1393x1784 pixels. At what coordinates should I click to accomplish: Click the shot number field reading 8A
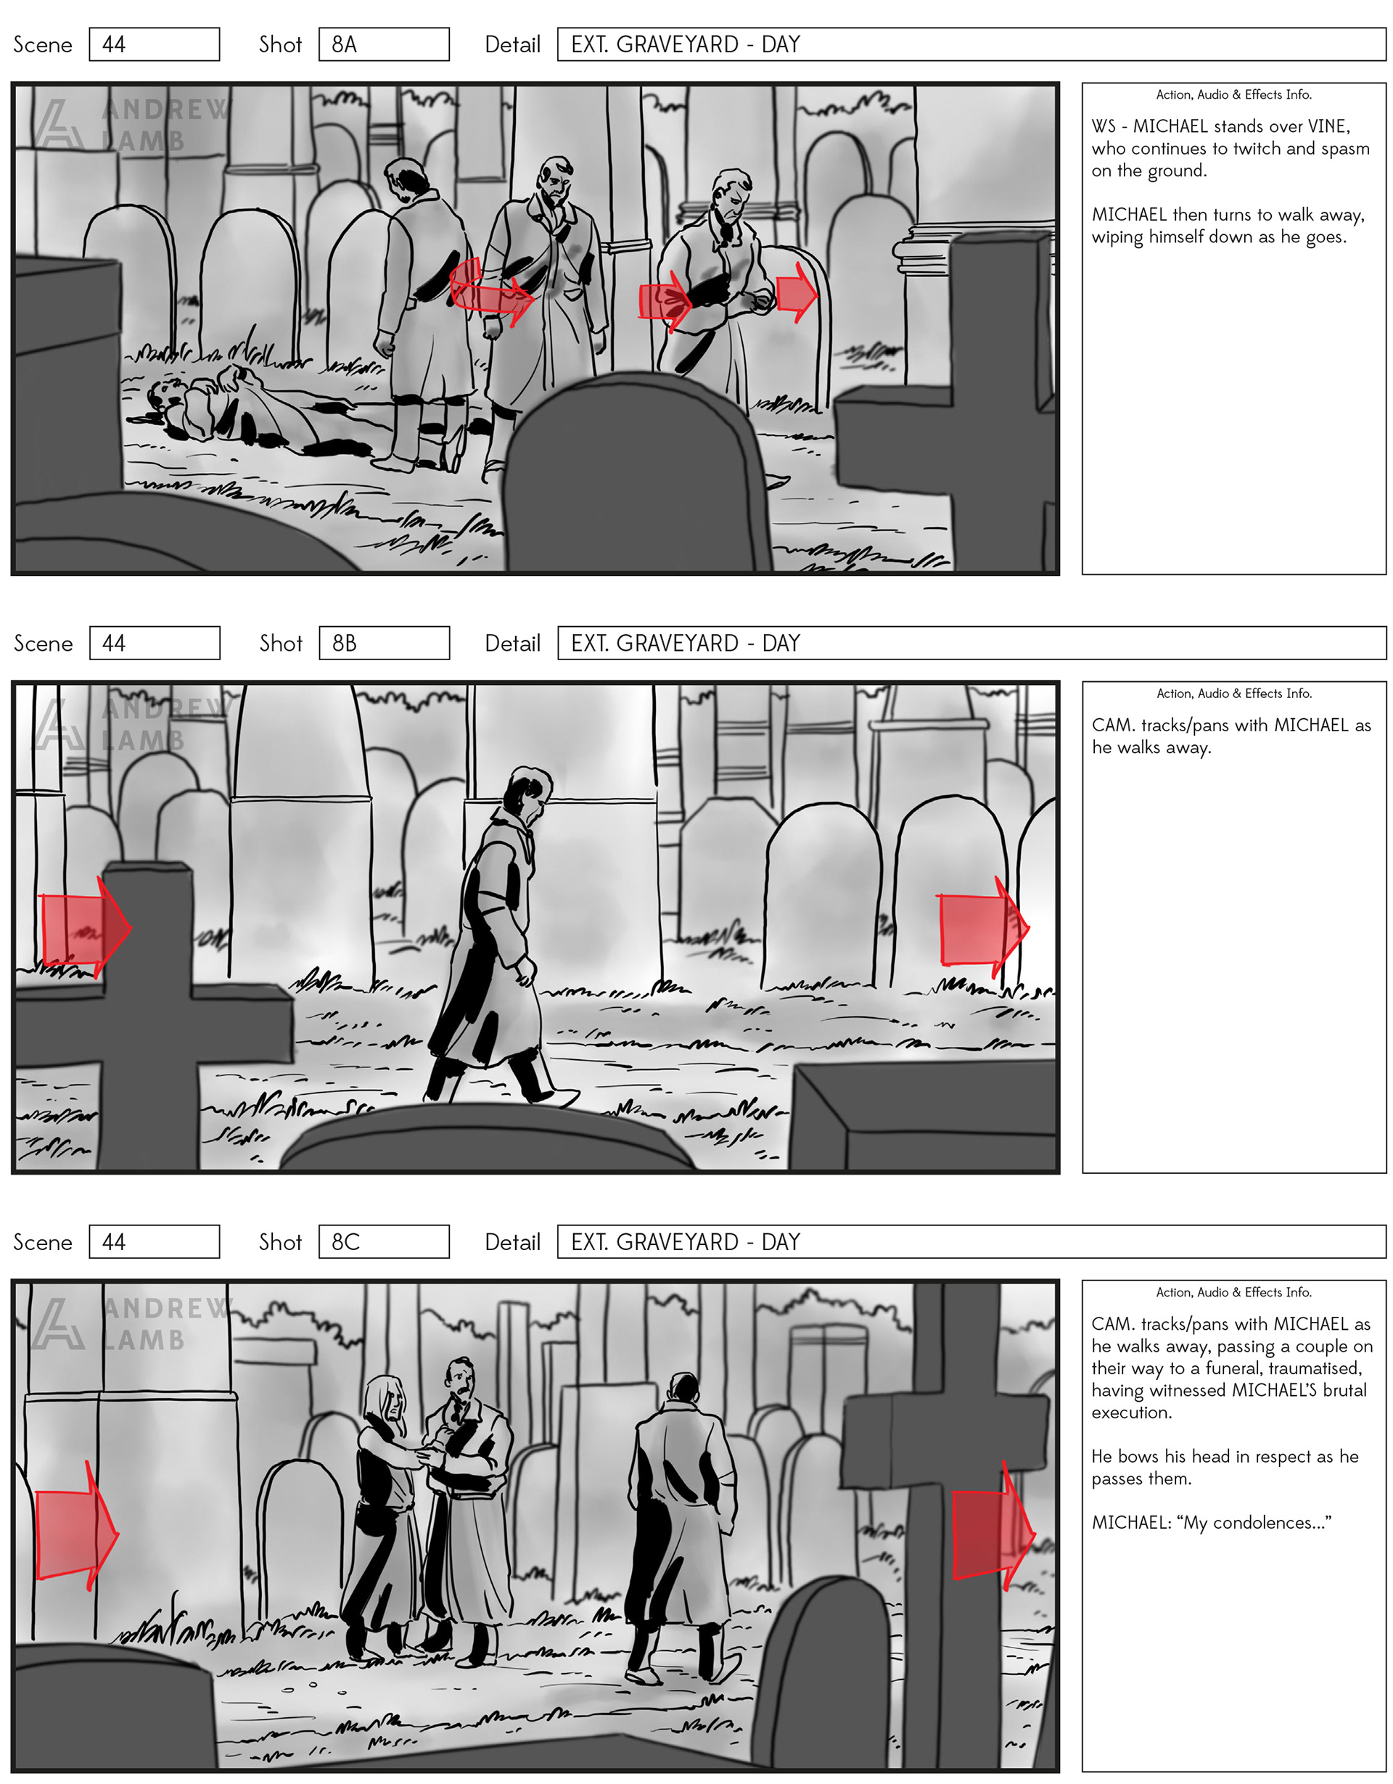383,44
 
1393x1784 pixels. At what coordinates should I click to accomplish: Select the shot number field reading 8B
383,643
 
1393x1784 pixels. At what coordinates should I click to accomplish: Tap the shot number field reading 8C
383,1241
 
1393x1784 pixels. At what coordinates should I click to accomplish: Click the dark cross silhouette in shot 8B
151,1013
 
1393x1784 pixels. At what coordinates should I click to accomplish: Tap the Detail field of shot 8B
971,643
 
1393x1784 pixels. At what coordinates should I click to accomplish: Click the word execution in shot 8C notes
1132,1413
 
